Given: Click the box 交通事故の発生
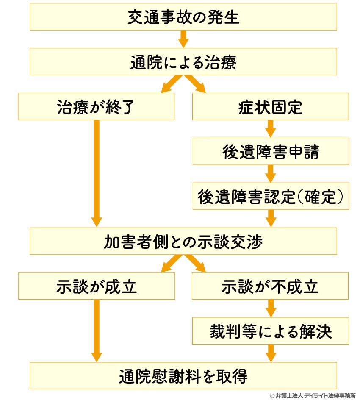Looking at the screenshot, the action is (x=183, y=17).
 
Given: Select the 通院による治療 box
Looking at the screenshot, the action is (x=183, y=62).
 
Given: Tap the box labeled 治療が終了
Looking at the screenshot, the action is (x=96, y=106).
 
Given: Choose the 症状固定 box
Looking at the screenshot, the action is (x=270, y=106).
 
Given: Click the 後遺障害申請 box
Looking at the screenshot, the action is (x=271, y=151).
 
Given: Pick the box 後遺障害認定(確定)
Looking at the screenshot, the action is (x=271, y=196).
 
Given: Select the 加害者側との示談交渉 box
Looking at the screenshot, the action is (x=183, y=241).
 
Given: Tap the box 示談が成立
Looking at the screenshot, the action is (x=97, y=286).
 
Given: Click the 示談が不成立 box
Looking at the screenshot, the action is (x=270, y=286).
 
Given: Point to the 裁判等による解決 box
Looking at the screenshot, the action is (x=270, y=331).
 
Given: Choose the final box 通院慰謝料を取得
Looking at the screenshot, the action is (x=183, y=376).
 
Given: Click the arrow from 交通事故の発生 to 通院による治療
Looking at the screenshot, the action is (x=183, y=39).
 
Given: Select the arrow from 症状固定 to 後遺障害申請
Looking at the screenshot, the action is (x=270, y=129).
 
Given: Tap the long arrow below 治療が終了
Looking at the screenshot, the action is (x=97, y=173).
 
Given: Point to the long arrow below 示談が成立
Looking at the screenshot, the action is (x=97, y=331).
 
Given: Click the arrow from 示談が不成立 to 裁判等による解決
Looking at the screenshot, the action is (x=270, y=308).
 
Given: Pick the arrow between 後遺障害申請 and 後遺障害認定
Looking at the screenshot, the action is (x=270, y=174).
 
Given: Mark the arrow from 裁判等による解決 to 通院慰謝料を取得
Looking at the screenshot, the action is (x=271, y=353).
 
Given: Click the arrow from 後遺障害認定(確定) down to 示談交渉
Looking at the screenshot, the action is (x=271, y=219).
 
